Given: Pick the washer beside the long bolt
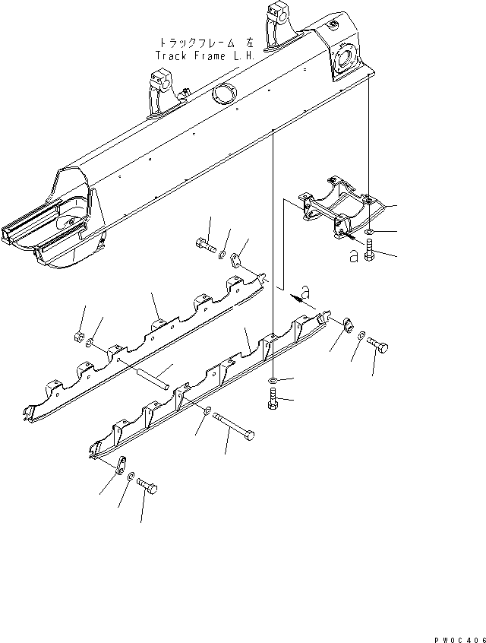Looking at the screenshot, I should click(x=207, y=410).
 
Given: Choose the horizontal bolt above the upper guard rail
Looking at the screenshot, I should click(x=206, y=245).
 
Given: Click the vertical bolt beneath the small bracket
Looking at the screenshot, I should click(x=368, y=250).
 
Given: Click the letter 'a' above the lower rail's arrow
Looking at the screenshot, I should click(x=305, y=290).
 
